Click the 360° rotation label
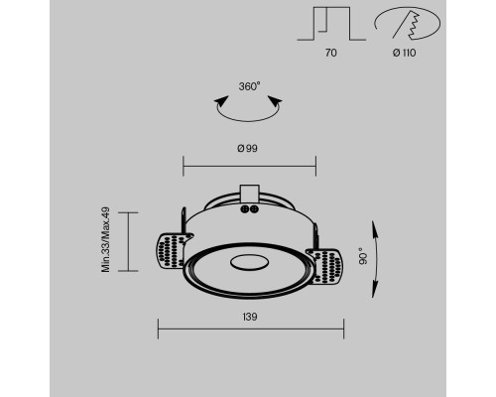coord(249,86)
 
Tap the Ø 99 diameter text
coord(247,148)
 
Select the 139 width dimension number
coord(250,317)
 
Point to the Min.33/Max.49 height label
coord(105,239)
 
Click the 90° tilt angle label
coord(363,256)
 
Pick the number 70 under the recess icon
coord(331,53)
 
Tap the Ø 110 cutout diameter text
coord(404,53)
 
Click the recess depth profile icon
coord(331,24)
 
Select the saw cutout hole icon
coord(408,23)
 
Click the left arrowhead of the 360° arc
coord(221,100)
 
